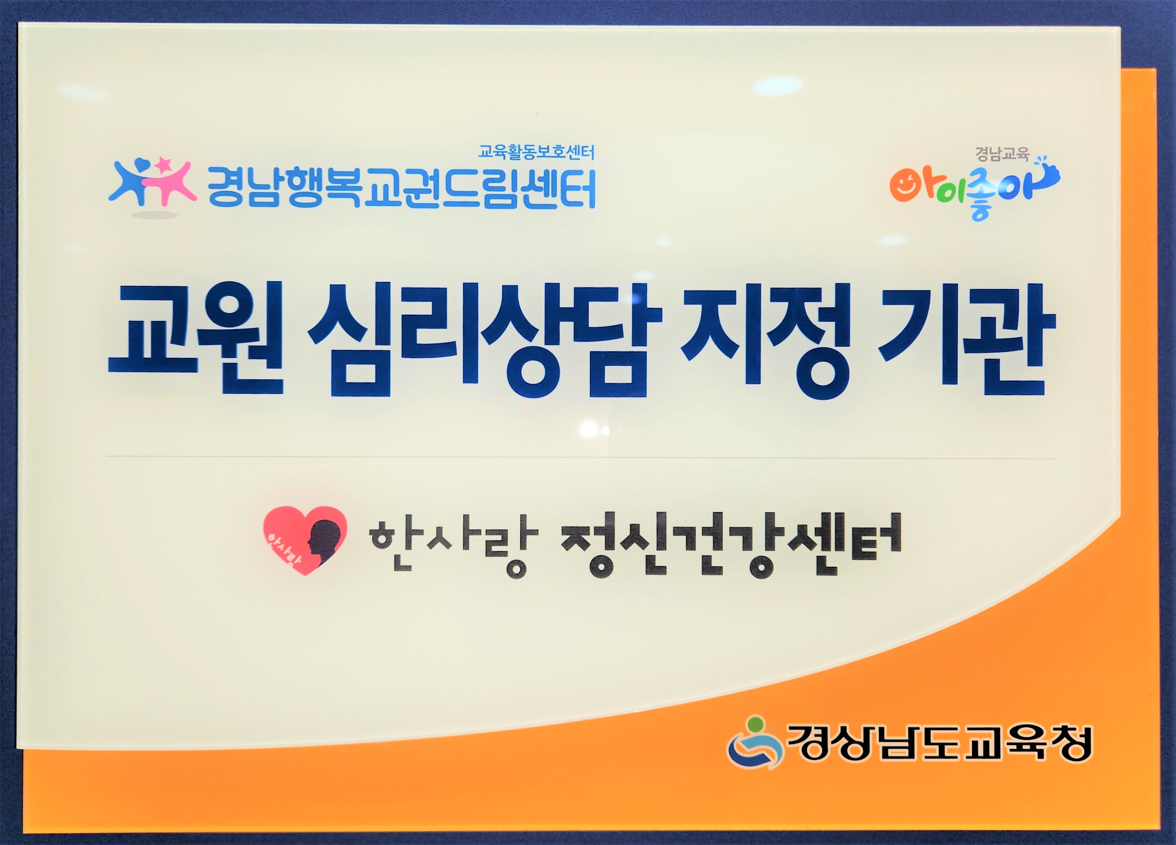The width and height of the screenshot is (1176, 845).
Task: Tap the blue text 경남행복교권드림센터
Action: point(401,187)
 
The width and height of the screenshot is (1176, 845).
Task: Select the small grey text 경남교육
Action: point(1002,154)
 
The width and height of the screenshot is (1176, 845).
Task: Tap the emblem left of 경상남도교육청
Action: point(755,741)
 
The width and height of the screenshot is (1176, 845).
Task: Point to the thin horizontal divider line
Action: point(581,457)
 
